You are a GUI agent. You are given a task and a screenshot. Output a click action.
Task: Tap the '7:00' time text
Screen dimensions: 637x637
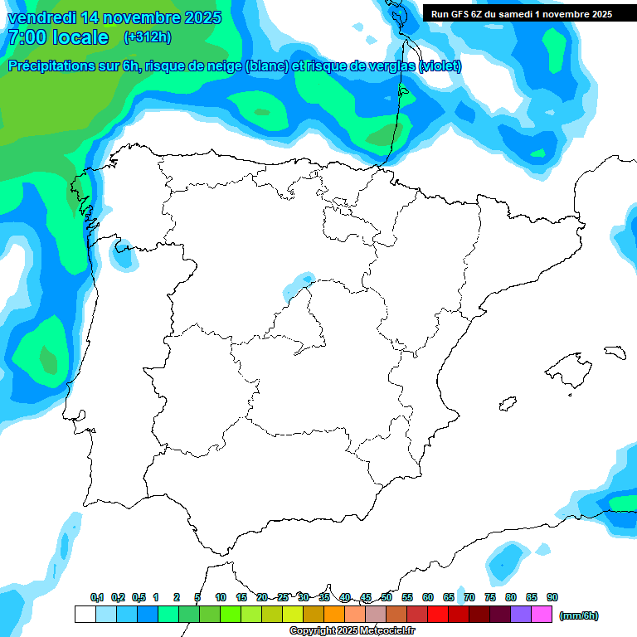pos(26,37)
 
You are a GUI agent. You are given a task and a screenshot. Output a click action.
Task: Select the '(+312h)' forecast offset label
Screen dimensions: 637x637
pos(147,37)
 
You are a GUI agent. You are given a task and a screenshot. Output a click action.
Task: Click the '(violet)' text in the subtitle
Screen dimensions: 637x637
pos(440,66)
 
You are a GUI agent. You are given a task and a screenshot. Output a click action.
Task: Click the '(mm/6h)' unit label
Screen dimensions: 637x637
pos(578,615)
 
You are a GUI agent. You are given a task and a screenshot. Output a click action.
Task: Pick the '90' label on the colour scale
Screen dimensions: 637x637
pos(552,598)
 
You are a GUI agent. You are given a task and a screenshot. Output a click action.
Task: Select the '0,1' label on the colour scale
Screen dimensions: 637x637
pos(97,598)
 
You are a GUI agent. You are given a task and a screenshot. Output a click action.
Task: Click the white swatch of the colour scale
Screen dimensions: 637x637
pos(85,615)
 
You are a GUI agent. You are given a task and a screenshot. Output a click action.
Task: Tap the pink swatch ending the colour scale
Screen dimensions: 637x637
pos(542,615)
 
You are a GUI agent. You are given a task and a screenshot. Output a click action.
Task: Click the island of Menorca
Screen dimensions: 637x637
pos(615,352)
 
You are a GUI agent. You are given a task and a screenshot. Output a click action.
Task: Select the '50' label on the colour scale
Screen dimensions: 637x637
pos(387,598)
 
